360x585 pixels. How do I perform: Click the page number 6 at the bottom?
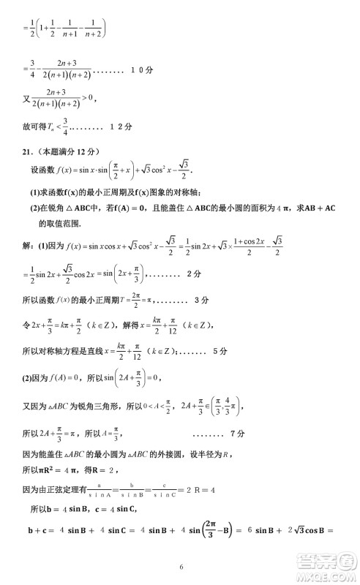179,567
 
